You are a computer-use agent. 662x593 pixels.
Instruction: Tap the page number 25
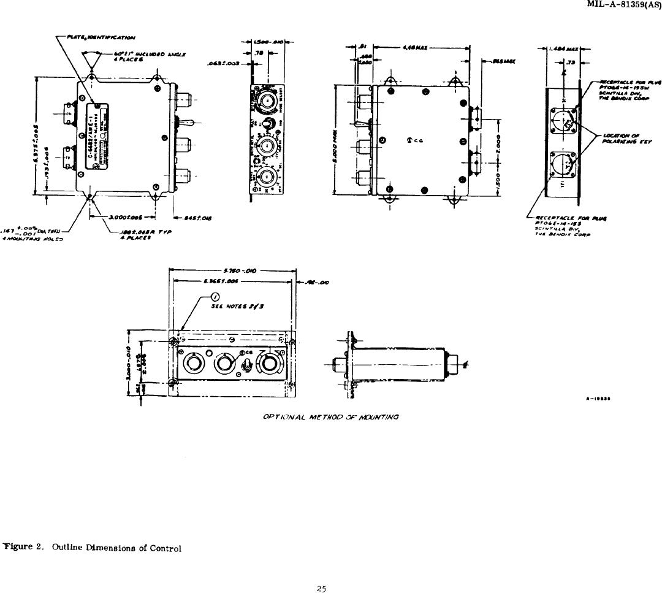click(x=321, y=589)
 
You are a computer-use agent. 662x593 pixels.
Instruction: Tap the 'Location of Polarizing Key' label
click(x=620, y=139)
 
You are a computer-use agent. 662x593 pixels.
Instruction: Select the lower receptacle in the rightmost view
click(x=565, y=163)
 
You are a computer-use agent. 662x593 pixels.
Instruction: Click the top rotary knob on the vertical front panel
click(x=267, y=101)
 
